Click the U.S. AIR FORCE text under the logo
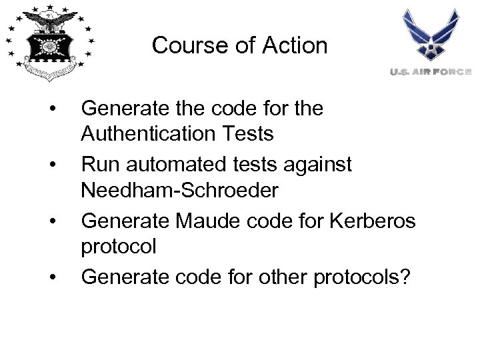[431, 71]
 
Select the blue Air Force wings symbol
[430, 35]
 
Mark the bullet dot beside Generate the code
[51, 107]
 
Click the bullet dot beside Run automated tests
[51, 163]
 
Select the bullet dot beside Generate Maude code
[51, 219]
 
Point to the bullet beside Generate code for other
[51, 275]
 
